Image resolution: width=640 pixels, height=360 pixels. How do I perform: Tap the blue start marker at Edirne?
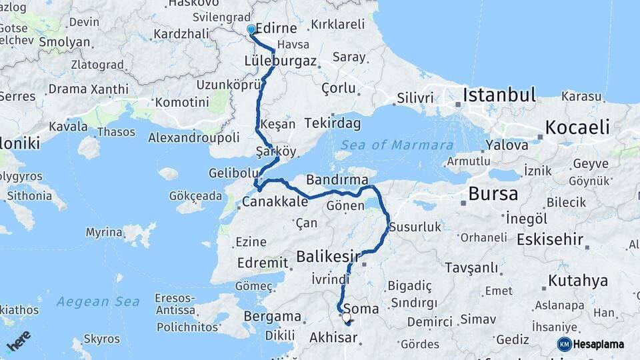click(x=251, y=30)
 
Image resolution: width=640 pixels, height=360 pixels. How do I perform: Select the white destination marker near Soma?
click(x=347, y=318)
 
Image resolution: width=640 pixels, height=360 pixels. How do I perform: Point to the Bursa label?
click(x=493, y=194)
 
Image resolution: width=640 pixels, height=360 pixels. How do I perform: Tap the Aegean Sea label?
click(x=98, y=302)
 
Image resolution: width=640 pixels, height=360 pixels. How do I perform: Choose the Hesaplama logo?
click(x=592, y=344)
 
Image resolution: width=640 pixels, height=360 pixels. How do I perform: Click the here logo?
click(x=18, y=340)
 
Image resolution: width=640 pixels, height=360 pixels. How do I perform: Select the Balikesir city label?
click(x=328, y=256)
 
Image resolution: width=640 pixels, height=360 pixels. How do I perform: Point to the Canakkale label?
click(x=275, y=201)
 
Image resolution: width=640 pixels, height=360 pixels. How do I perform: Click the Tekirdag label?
click(x=333, y=123)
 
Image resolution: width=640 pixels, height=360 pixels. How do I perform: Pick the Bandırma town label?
click(x=337, y=180)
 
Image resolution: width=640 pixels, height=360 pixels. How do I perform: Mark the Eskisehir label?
click(x=550, y=239)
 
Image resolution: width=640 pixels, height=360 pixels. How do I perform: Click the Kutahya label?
click(x=578, y=280)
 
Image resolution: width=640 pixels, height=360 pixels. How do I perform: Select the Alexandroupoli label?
click(x=193, y=137)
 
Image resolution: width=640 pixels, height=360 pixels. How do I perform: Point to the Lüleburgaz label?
click(x=280, y=61)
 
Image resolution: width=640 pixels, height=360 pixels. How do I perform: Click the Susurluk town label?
click(x=415, y=227)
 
